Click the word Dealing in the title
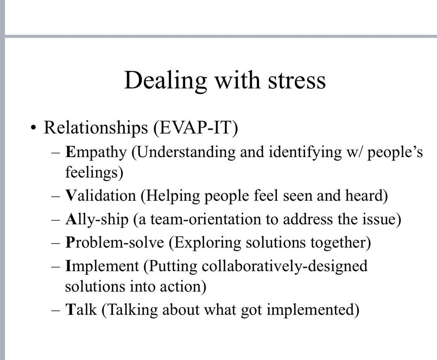coord(165,81)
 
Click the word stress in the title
coord(297,80)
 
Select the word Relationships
coord(96,128)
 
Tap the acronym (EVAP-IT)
coord(195,128)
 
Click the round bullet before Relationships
coord(33,129)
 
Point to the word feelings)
coord(94,172)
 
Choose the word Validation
coord(100,196)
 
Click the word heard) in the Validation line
coord(367,196)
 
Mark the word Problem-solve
coord(114,243)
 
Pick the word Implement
coord(102,266)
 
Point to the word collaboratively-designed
coord(284,266)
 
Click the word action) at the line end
coord(183,287)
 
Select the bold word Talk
coord(81,309)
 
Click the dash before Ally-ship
coord(55,220)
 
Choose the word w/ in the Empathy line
coord(354,153)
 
